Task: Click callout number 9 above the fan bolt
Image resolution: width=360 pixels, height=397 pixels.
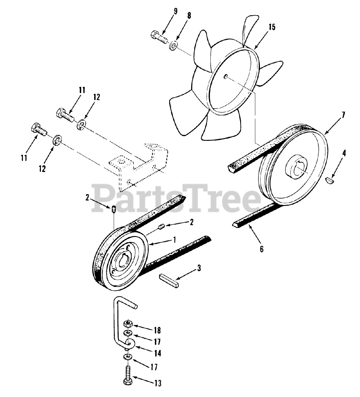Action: [x=175, y=12]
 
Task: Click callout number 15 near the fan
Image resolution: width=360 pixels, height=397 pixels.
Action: [x=272, y=27]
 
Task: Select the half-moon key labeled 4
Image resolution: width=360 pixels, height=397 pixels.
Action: [x=330, y=179]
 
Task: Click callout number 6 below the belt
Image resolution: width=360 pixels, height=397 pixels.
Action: [x=262, y=249]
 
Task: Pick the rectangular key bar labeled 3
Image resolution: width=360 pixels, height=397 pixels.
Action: [x=170, y=281]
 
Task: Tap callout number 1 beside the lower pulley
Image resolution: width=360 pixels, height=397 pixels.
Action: [x=175, y=240]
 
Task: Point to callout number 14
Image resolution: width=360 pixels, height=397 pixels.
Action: [x=158, y=353]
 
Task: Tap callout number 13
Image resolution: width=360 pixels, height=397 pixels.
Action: [x=158, y=383]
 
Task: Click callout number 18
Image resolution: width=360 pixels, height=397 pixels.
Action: [x=158, y=330]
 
